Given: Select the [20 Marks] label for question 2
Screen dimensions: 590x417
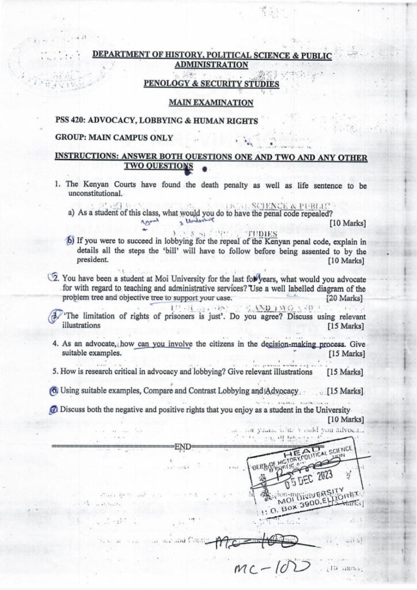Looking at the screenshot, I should (344, 298).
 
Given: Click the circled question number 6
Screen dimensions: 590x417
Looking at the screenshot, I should (54, 391).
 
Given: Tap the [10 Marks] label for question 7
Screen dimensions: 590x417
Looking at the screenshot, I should (345, 419).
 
